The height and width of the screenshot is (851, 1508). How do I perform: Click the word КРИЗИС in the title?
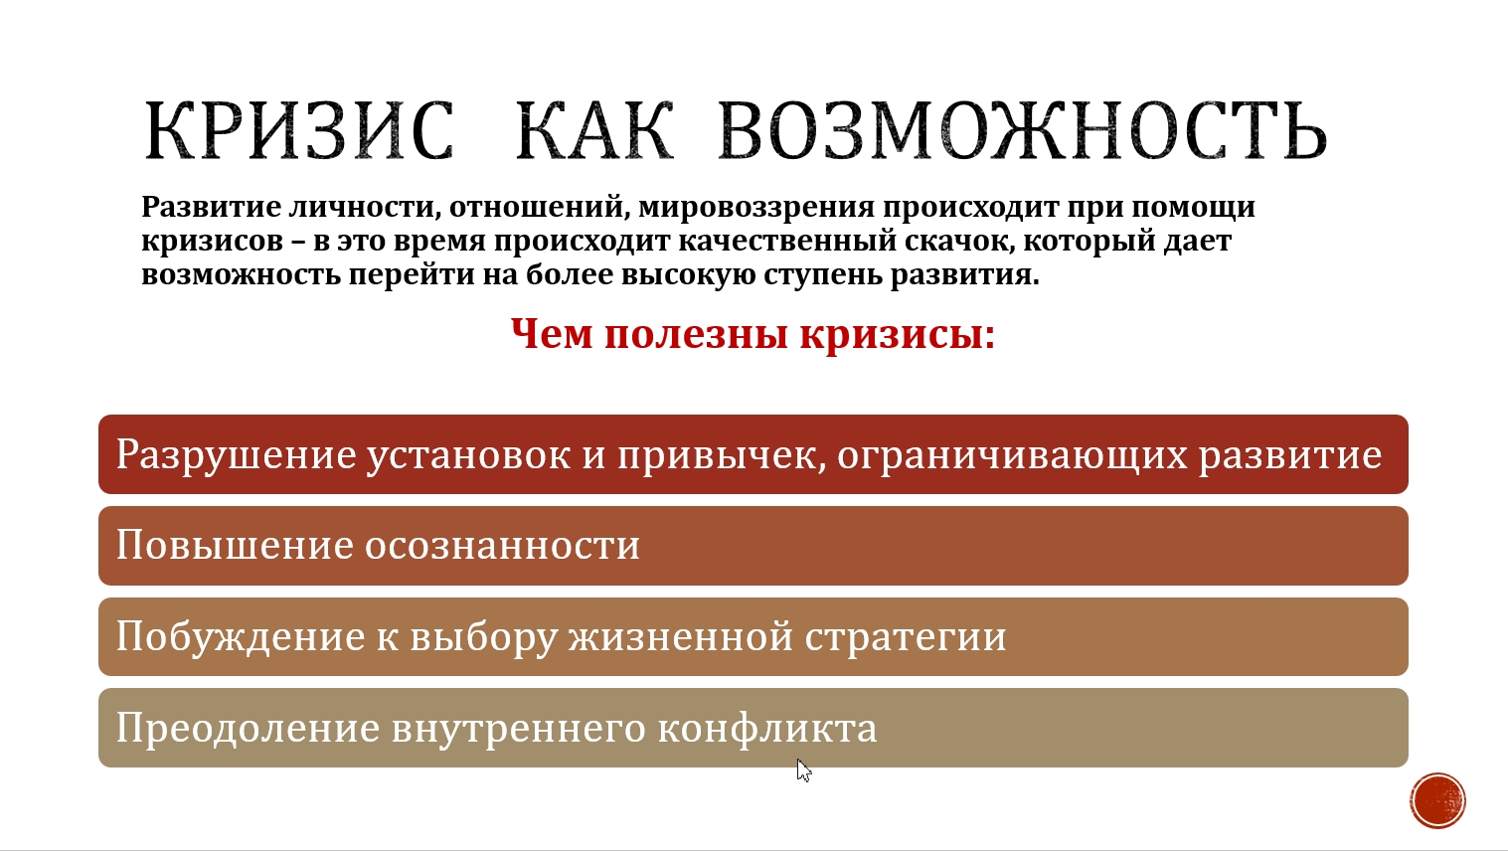[299, 130]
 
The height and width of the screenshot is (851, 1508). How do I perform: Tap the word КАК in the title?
[594, 130]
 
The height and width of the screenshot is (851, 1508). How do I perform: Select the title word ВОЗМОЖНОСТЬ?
[1023, 130]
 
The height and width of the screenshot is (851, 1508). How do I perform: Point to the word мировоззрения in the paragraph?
[756, 208]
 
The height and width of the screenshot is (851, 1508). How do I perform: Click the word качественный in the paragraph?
[787, 241]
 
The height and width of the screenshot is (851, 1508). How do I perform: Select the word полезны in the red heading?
[696, 334]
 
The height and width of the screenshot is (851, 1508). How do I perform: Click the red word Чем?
[552, 334]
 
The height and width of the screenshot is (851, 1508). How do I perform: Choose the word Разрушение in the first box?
[237, 455]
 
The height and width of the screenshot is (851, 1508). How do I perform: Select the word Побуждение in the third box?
[241, 636]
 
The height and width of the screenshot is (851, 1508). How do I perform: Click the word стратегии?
[906, 637]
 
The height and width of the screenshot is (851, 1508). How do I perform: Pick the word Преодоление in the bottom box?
[249, 729]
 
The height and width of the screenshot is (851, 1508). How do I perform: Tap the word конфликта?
[767, 728]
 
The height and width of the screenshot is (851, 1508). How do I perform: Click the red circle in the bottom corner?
[1438, 800]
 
